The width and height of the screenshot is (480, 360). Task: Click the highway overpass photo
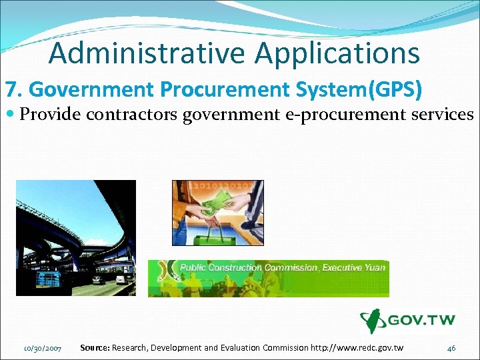click(75, 238)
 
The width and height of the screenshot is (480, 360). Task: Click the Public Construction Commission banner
click(268, 277)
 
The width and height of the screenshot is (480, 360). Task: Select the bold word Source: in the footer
click(95, 347)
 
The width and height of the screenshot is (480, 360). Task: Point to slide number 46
click(451, 348)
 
